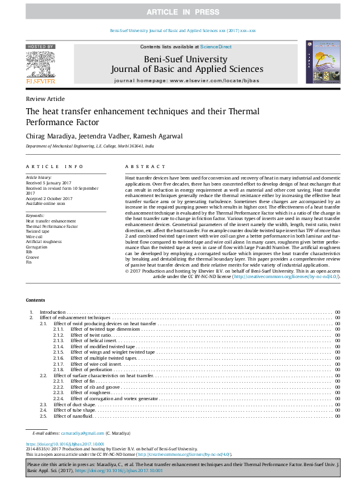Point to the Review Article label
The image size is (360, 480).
[45, 99]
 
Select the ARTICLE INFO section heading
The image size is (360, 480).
[54, 166]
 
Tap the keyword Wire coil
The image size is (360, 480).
[34, 237]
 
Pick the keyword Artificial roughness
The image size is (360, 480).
[44, 242]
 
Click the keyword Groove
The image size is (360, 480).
[33, 257]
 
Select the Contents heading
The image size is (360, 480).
[35, 300]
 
